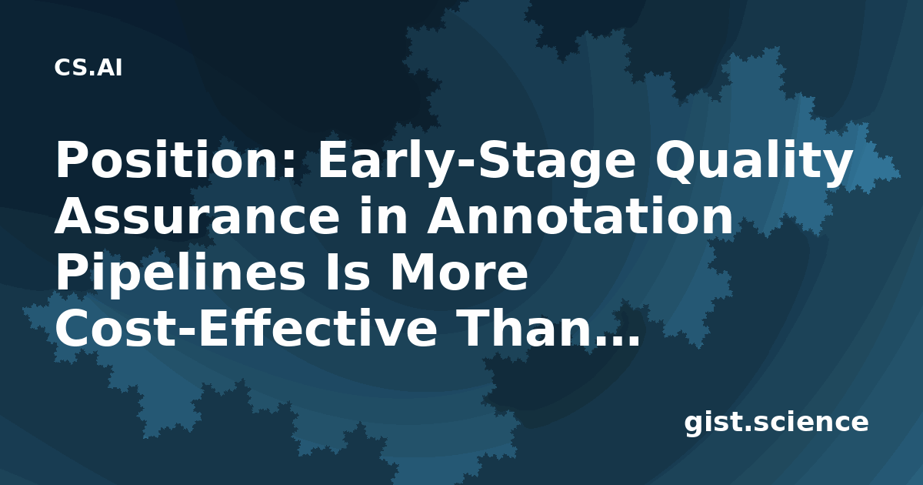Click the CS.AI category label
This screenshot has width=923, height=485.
pos(88,68)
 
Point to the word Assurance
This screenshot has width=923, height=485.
pos(197,216)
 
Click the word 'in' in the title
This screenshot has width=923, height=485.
pos(383,215)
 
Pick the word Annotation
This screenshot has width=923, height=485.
pos(579,216)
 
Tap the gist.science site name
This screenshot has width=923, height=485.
pos(776,423)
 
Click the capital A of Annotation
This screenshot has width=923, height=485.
pos(446,216)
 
